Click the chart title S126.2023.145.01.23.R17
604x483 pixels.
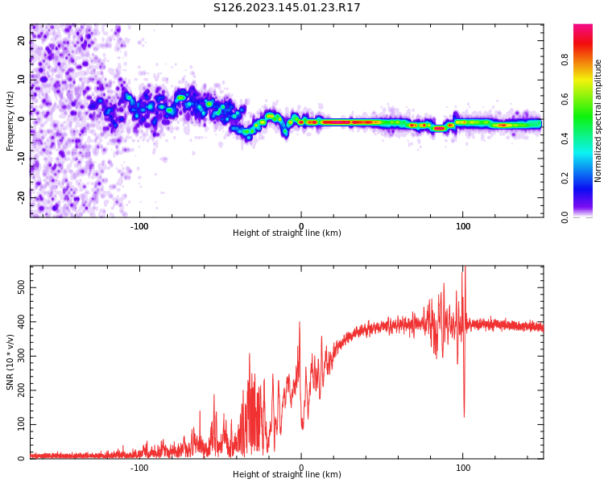tap(287, 8)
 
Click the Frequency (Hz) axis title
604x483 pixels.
tap(10, 121)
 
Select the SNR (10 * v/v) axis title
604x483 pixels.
tap(10, 362)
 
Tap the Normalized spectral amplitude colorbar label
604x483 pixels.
tap(598, 121)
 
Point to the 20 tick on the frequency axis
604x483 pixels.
tap(22, 40)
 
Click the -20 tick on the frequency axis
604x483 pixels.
tap(22, 196)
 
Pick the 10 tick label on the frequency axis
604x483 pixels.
tap(22, 79)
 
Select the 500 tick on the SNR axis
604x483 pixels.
tap(19, 287)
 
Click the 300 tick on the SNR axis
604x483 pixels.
tap(19, 356)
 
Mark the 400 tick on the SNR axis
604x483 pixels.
tap(19, 321)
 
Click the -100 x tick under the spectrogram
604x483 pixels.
tap(139, 226)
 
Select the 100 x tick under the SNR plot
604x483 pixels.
tap(463, 467)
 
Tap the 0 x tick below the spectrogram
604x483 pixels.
tap(301, 226)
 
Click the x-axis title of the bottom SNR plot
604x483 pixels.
tap(287, 475)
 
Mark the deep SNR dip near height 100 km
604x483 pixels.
tap(464, 415)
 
